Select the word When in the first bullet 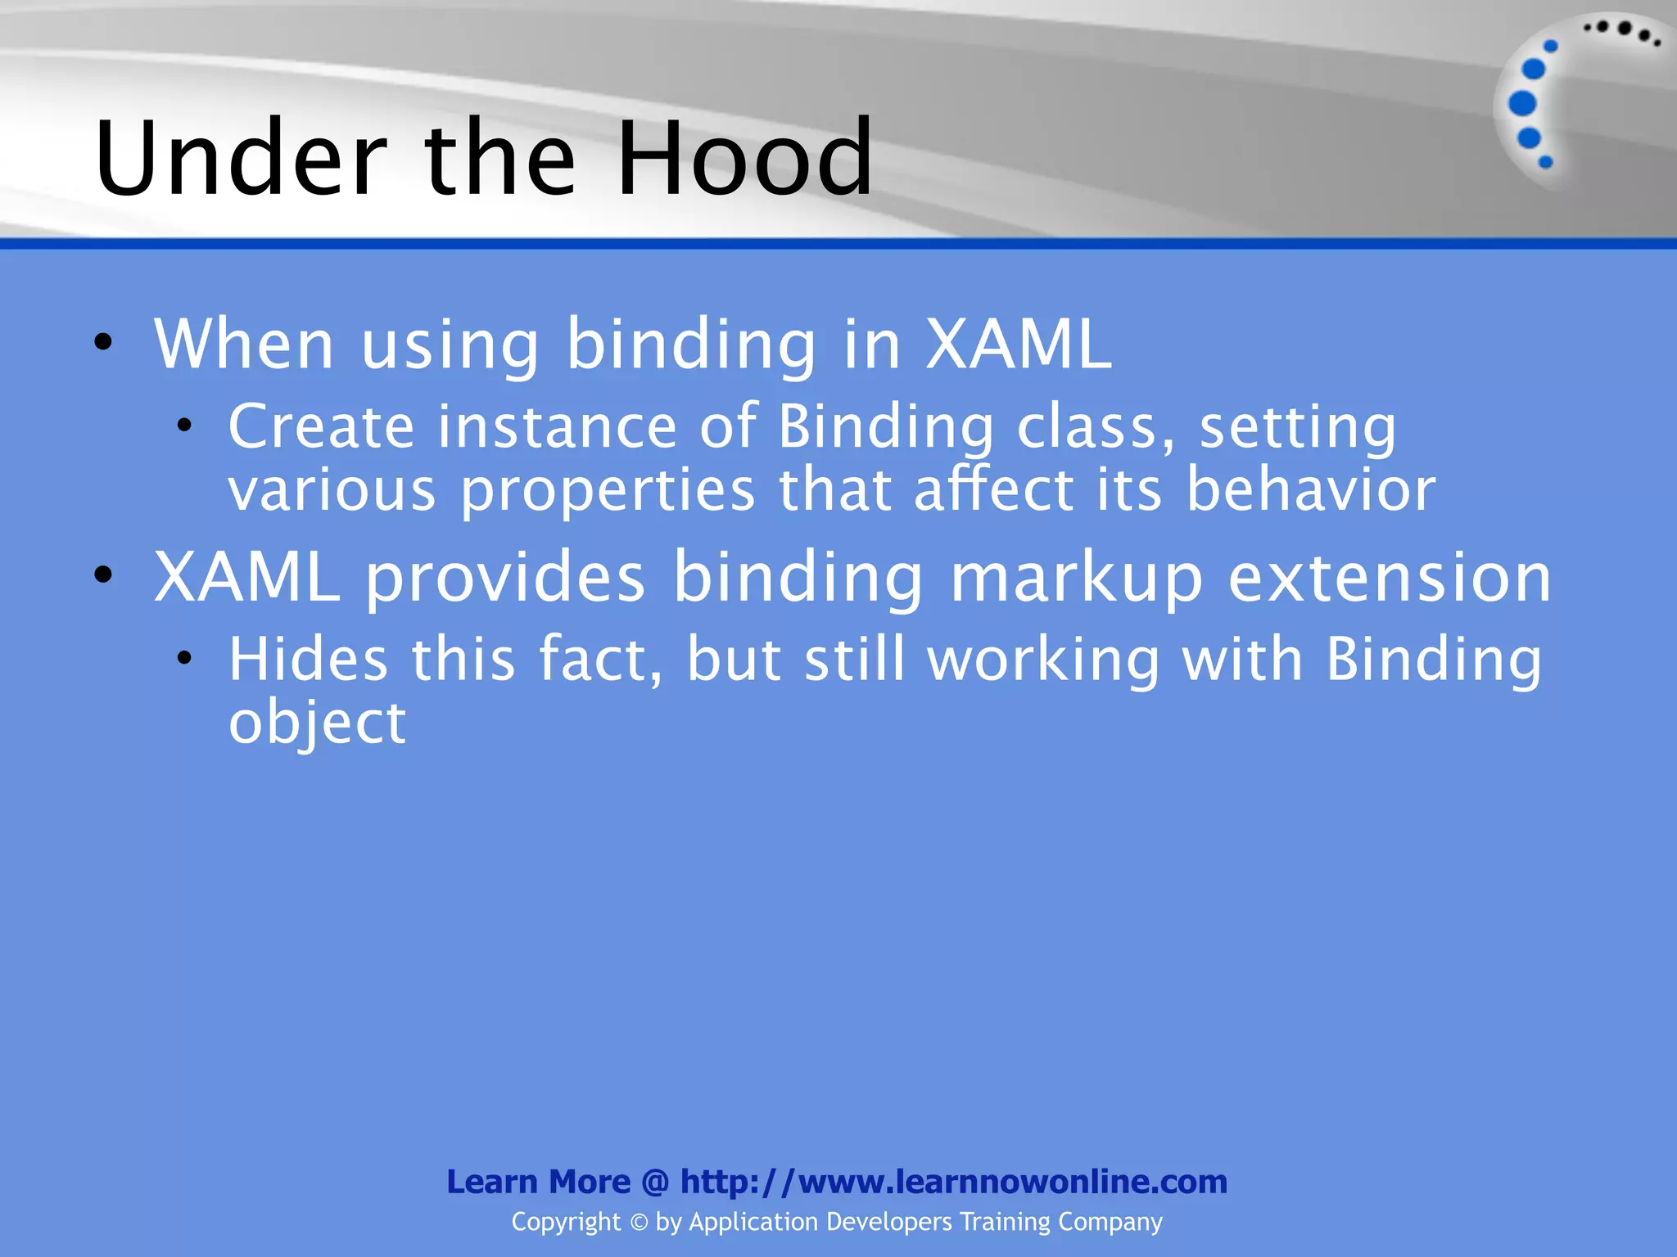244,344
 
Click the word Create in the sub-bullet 321,426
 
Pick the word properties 607,492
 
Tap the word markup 1076,578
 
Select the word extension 1390,578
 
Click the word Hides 308,660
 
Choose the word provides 505,578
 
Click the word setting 1298,428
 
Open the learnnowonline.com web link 954,1182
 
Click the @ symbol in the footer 655,1182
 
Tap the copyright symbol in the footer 639,1223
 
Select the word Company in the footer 1110,1223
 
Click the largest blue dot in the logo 1522,104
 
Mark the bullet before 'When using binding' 103,342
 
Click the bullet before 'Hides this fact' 184,657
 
